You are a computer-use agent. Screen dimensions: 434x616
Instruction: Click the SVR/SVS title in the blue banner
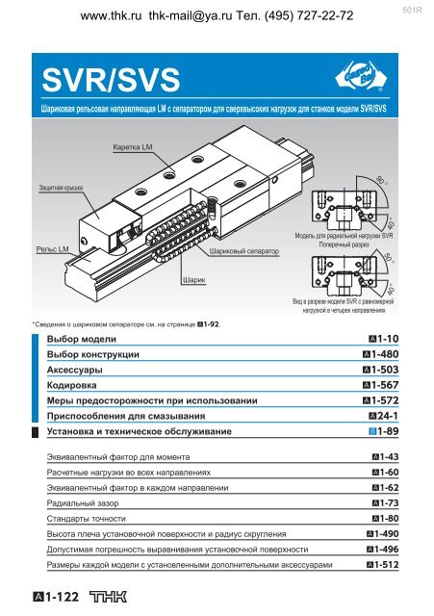coord(111,80)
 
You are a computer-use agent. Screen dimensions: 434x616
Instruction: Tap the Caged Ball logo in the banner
coord(361,77)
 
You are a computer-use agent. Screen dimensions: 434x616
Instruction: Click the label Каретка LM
coord(133,147)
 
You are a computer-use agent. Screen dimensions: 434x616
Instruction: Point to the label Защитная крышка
coord(61,188)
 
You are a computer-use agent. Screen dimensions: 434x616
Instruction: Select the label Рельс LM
coord(52,249)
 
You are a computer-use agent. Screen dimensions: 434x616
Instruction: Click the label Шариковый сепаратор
coord(243,251)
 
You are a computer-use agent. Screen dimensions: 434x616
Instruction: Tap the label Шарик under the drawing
coord(194,280)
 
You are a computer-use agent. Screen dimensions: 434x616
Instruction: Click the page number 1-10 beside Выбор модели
coord(384,339)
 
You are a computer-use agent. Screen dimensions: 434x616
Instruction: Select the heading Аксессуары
coord(75,370)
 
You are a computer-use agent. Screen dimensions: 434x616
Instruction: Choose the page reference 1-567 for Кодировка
coord(380,385)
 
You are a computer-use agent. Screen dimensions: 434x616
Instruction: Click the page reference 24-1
coord(384,416)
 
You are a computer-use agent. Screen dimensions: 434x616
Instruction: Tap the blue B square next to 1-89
coord(372,431)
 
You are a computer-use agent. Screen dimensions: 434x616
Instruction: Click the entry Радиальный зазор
coord(83,503)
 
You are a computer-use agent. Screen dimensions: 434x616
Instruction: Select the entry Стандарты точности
coord(86,519)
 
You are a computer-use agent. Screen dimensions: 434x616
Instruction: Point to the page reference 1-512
coord(383,565)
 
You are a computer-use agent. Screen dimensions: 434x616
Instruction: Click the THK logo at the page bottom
coord(109,597)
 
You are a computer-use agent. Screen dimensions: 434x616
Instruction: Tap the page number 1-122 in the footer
coord(56,597)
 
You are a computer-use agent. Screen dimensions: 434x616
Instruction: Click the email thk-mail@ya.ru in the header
coord(191,15)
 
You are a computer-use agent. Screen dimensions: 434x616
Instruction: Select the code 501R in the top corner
coord(412,11)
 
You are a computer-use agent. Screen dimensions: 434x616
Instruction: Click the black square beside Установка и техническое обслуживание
coord(35,432)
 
